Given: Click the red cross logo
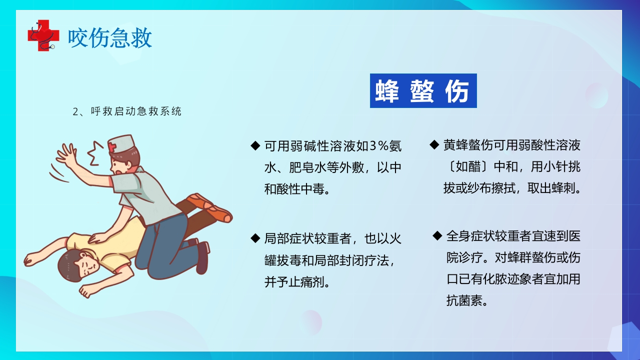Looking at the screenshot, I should click(x=42, y=34).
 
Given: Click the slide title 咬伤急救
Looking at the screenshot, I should click(x=110, y=38).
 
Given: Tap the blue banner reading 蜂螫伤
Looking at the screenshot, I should click(x=423, y=91).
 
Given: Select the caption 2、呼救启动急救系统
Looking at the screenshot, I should click(x=127, y=111).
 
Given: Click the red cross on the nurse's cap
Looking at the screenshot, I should click(x=112, y=146).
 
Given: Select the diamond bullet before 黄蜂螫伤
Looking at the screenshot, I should click(x=434, y=144).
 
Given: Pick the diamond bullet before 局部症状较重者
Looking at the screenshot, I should click(x=255, y=237).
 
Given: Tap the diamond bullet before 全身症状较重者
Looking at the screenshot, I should click(x=437, y=235).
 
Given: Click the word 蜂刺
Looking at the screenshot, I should click(x=562, y=189).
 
